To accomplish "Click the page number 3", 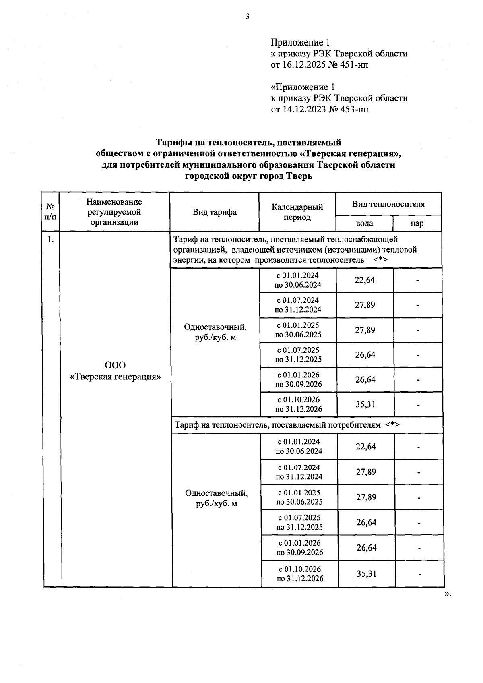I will [248, 17].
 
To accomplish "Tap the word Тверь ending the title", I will [299, 176].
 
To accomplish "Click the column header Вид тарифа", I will [214, 212].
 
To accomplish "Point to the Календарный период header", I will [297, 212].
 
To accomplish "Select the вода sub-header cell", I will [364, 224].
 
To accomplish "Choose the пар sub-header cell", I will [417, 224].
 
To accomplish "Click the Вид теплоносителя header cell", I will [388, 204].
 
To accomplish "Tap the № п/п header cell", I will [50, 212].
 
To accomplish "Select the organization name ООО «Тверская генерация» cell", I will [115, 371].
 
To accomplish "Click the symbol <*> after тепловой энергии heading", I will [380, 260].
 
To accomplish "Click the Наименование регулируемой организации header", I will [114, 212].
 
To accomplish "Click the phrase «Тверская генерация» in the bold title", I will [351, 153].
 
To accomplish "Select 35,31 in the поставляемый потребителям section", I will [366, 574].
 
